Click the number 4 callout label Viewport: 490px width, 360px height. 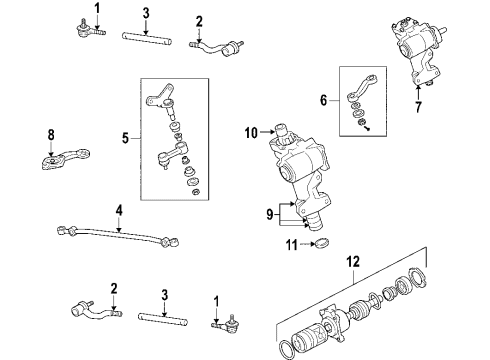pos(118,211)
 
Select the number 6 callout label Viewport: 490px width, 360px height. pos(322,101)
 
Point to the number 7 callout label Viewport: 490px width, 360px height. pos(419,105)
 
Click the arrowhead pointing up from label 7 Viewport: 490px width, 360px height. pos(419,91)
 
